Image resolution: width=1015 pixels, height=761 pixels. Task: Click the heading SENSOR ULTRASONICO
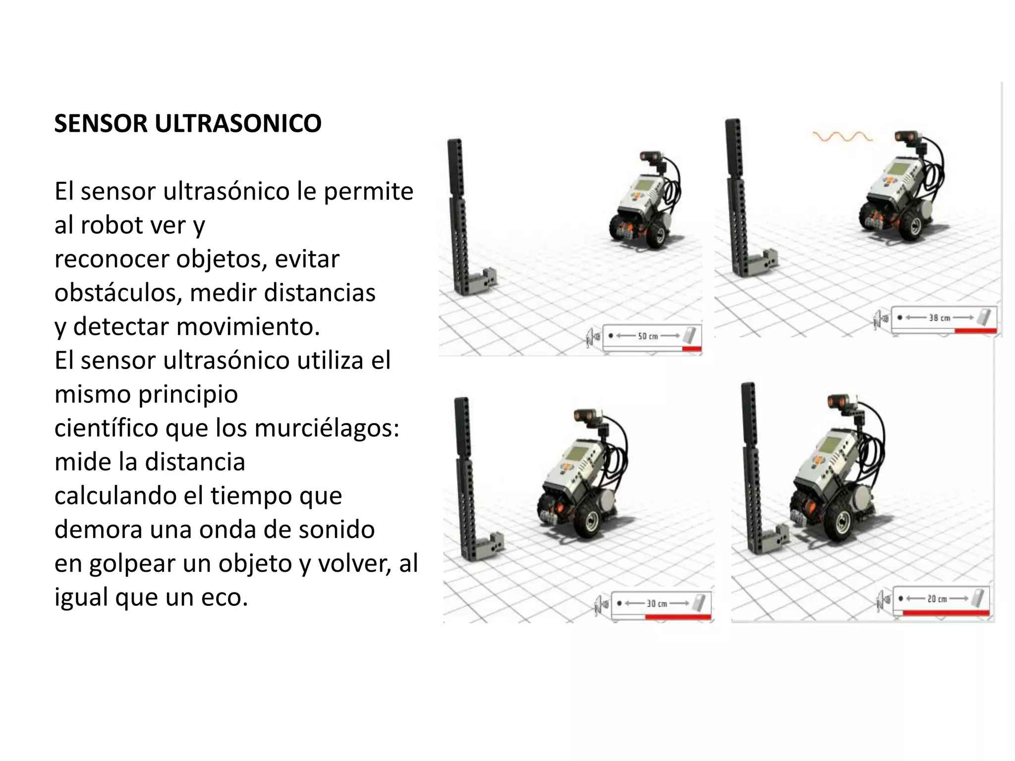tap(188, 123)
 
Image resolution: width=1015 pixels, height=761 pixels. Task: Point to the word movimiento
tap(246, 326)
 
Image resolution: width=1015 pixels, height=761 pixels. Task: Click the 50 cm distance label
tap(647, 336)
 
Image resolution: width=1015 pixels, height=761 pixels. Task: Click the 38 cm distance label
tap(939, 318)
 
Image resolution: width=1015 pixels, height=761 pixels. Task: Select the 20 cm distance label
tap(937, 598)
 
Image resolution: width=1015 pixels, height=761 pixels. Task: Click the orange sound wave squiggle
tap(842, 136)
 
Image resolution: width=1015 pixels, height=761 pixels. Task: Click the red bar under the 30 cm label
tap(677, 617)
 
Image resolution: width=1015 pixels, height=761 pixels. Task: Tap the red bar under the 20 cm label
tap(945, 613)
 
